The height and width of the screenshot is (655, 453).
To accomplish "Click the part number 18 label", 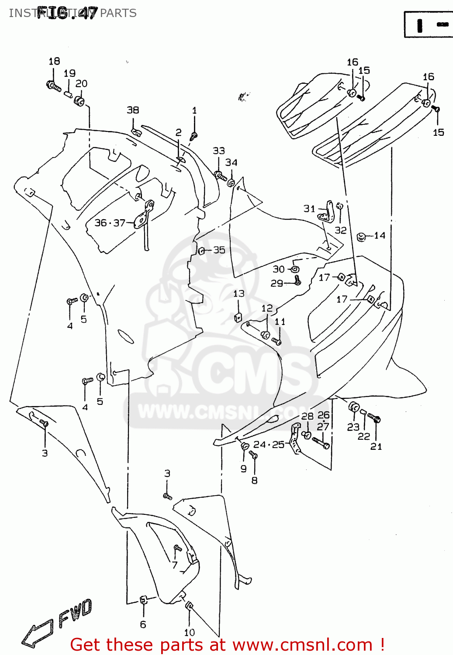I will [x=54, y=62].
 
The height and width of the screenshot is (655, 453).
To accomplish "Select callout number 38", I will [x=133, y=110].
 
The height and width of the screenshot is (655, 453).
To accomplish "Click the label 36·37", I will [x=110, y=223].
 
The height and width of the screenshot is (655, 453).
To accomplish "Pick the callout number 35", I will [x=219, y=250].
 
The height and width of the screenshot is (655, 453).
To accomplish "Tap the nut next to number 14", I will [x=361, y=237].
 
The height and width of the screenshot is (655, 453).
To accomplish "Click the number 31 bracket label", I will [x=309, y=209].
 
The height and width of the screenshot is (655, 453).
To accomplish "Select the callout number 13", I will [x=239, y=293].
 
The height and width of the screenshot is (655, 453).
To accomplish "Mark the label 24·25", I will [x=269, y=445].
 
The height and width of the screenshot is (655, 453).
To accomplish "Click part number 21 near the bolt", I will [x=376, y=446].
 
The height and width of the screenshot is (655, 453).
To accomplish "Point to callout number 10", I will [x=189, y=632].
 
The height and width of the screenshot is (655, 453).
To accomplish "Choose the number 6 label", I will [x=143, y=625].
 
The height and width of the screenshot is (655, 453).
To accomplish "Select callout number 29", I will [x=277, y=283].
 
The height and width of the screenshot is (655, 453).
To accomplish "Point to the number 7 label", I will [x=175, y=565].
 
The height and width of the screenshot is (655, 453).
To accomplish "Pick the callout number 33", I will [x=218, y=151].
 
